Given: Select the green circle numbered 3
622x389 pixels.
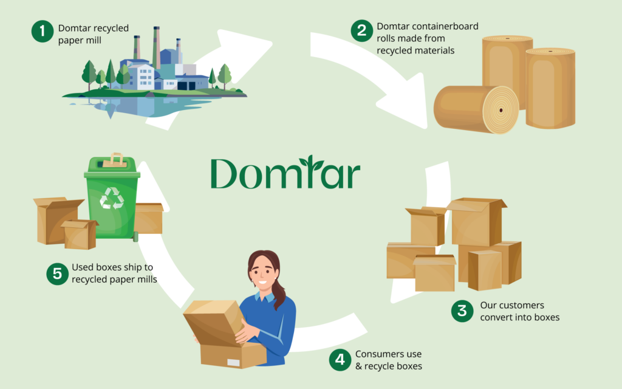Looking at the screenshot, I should coord(462,311).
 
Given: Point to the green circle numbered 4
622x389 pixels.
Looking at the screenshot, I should coord(340,360).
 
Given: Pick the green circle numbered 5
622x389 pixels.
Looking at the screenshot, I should coord(56,273).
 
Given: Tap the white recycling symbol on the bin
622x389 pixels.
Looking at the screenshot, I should coord(112,198).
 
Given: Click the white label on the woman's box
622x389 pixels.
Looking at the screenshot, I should coord(233,362).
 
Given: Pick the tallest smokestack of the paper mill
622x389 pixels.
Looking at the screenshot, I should coord(156,46).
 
